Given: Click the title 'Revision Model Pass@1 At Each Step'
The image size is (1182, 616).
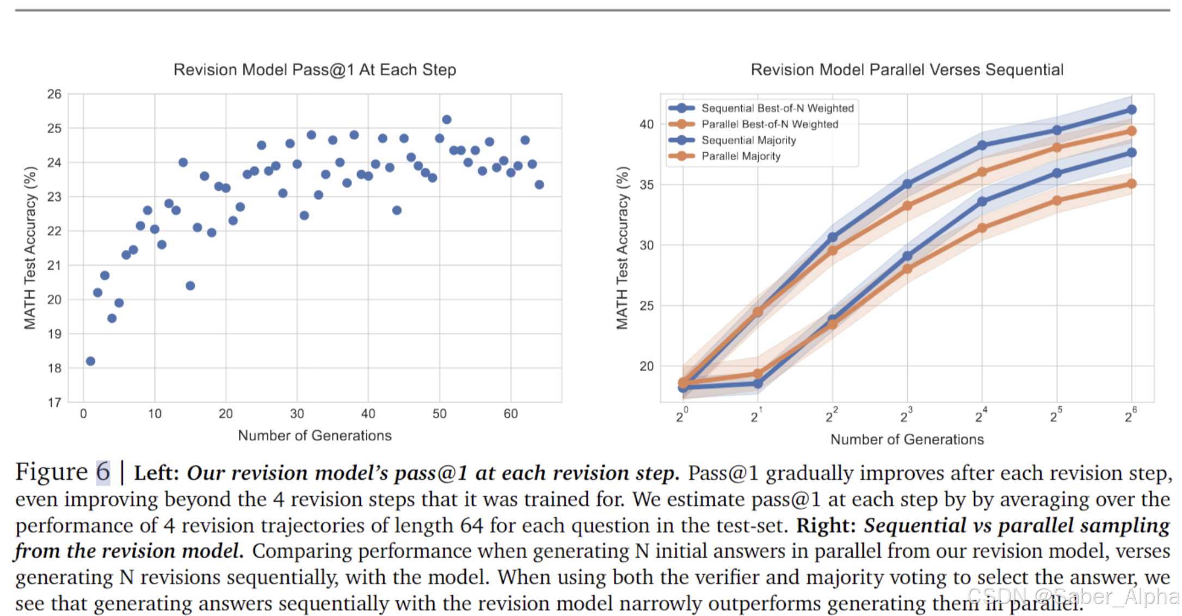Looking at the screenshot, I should click(315, 70).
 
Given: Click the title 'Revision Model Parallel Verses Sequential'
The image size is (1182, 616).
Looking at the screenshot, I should click(907, 70).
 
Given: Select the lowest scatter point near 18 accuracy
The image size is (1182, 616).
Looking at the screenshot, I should click(90, 361).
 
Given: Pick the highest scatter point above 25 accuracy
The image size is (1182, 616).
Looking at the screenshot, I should click(447, 119).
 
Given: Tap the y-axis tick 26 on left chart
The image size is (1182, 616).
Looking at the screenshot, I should click(54, 94).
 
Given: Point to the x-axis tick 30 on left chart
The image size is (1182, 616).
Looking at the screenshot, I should click(297, 414).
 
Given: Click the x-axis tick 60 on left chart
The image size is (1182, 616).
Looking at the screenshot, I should click(510, 414).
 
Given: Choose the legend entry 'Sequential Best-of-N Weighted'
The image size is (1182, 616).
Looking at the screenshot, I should click(777, 108).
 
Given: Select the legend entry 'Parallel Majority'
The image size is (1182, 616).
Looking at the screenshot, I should click(741, 156).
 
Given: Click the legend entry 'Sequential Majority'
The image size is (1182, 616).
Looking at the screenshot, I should click(748, 140).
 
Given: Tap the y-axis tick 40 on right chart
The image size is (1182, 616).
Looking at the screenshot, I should click(647, 124).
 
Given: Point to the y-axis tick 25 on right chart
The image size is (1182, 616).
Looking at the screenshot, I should click(647, 306).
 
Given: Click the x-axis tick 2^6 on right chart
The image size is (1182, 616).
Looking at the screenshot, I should click(1130, 416).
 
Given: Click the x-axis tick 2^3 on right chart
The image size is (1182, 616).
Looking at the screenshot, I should click(906, 416).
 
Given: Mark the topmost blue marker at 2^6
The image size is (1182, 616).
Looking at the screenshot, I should click(1132, 110).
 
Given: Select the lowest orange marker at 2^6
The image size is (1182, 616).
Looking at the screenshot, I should click(1132, 184).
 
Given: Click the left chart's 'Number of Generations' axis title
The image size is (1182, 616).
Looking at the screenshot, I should click(315, 436).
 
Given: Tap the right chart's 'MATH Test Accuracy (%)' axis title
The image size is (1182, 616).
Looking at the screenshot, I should click(622, 248).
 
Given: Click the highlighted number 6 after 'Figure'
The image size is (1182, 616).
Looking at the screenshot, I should click(103, 472).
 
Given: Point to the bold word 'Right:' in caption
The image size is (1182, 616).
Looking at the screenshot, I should click(826, 526).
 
